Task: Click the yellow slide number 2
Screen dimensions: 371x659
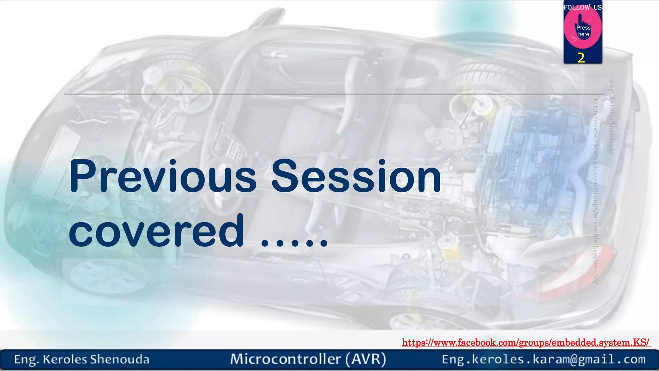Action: point(581,58)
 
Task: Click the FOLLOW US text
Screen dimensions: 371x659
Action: point(582,7)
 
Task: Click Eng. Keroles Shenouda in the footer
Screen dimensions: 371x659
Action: point(81,359)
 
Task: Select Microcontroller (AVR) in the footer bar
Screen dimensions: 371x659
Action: point(308,359)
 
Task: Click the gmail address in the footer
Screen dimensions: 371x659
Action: point(543,359)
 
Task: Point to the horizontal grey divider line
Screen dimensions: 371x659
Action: point(322,94)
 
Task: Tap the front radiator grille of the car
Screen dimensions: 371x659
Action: point(58,155)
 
